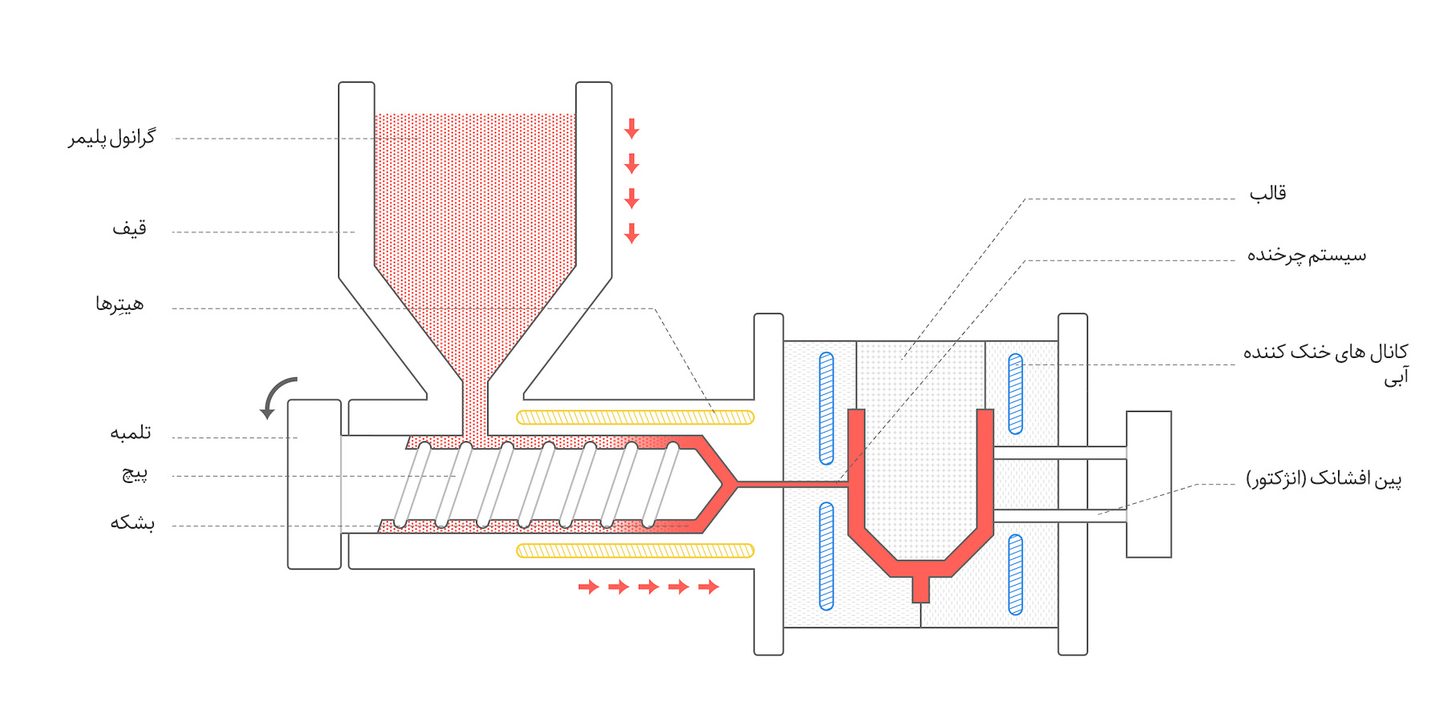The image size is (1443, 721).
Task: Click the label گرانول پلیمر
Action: click(x=111, y=138)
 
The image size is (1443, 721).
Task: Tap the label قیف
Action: click(x=129, y=229)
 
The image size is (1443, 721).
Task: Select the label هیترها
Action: click(x=119, y=304)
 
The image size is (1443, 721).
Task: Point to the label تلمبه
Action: click(x=130, y=433)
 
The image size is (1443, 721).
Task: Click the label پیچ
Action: click(x=135, y=473)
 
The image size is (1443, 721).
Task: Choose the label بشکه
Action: click(x=132, y=523)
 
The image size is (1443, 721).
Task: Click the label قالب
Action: click(x=1267, y=193)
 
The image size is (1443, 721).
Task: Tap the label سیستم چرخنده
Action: click(x=1306, y=256)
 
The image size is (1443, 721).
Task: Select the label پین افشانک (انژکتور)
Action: click(x=1324, y=479)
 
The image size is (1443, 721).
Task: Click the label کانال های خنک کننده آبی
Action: click(x=1325, y=362)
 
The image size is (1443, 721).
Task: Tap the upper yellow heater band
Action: click(x=635, y=417)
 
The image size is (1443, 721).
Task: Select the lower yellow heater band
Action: click(x=635, y=550)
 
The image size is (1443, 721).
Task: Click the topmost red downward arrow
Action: click(x=632, y=128)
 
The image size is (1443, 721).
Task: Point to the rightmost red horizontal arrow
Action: click(x=709, y=587)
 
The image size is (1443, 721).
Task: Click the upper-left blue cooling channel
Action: click(x=827, y=408)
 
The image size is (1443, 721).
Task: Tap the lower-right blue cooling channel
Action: click(x=1015, y=574)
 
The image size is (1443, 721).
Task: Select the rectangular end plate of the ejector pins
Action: click(x=1148, y=484)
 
